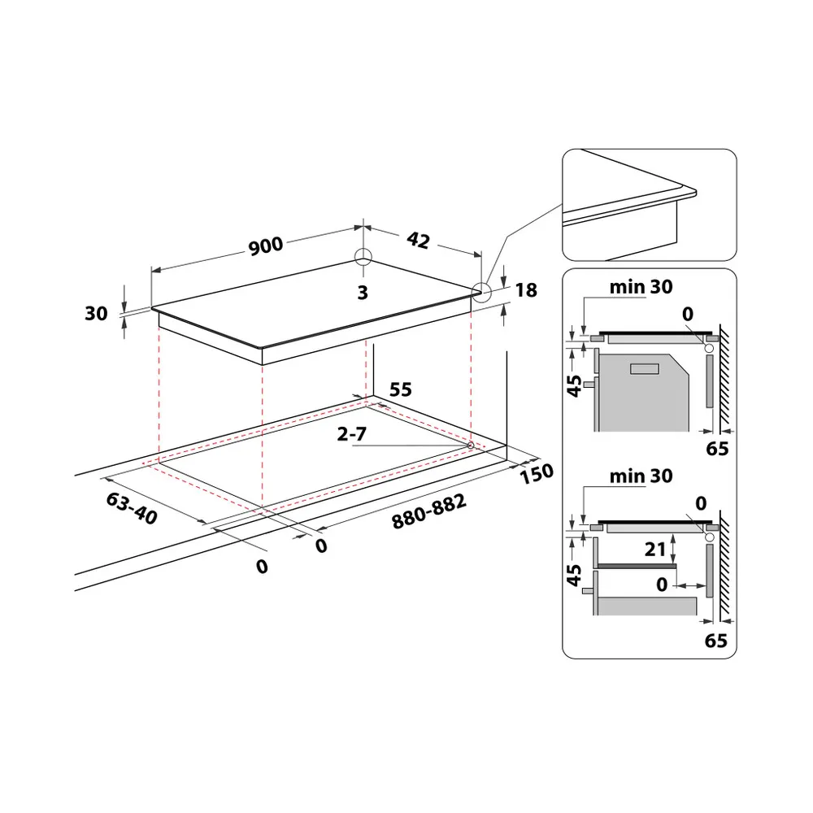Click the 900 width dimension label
click(266, 246)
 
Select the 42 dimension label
click(418, 240)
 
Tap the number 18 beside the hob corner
click(526, 290)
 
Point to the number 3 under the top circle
click(363, 293)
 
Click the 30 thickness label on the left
click(96, 313)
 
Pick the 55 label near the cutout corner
click(400, 389)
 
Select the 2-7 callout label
click(351, 433)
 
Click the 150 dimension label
click(537, 473)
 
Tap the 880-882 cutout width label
click(429, 511)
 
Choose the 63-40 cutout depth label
click(132, 508)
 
